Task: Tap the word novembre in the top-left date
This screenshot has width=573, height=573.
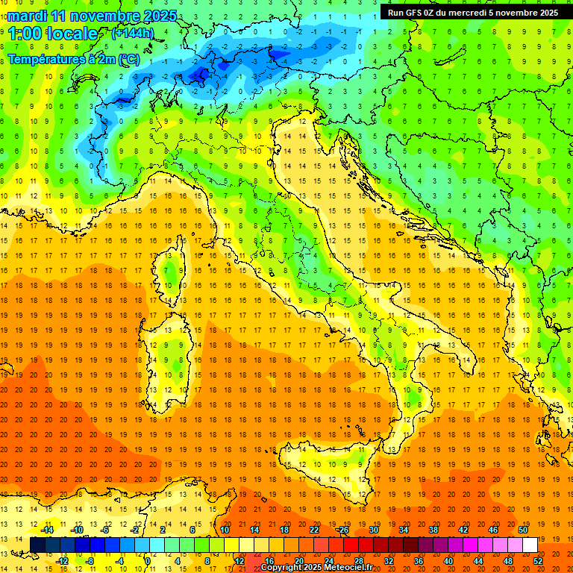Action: [x=107, y=16]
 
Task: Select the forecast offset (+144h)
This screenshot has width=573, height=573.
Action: [x=132, y=33]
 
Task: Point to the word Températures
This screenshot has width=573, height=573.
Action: [x=46, y=58]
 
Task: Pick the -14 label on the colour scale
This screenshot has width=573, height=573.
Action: [x=46, y=530]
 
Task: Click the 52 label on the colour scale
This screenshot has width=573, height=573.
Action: [x=538, y=560]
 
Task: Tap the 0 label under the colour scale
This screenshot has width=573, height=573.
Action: [x=148, y=560]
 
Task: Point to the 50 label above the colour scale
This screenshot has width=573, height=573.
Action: [x=523, y=530]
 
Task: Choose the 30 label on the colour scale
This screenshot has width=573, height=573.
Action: [x=374, y=530]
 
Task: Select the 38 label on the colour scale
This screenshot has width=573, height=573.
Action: [x=433, y=530]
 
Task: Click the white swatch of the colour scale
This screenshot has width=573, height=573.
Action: [x=530, y=545]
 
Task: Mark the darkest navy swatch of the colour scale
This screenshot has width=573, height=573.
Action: [x=37, y=545]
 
